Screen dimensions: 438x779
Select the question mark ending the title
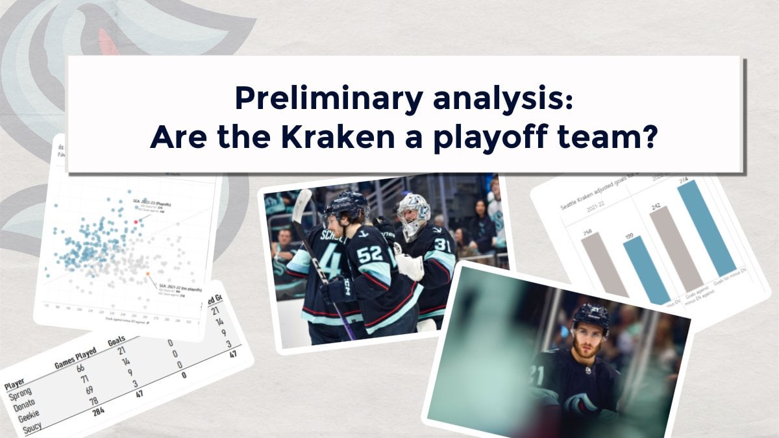pos(646,138)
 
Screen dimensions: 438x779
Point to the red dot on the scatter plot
pos(136,221)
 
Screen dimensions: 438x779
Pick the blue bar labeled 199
pos(646,269)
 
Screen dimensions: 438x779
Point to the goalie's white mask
pos(414,215)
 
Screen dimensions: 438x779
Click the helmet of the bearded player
pos(591,318)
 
